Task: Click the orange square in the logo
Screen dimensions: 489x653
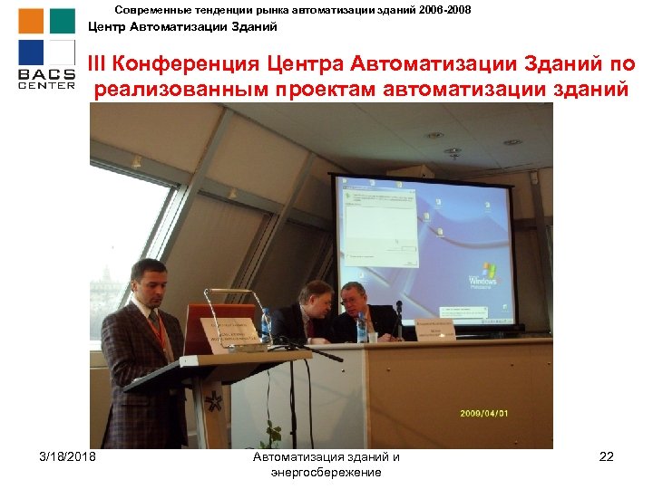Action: [31, 21]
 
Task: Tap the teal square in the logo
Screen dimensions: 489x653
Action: [62, 21]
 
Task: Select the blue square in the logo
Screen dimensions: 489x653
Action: [31, 53]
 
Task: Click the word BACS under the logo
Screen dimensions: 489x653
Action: [46, 73]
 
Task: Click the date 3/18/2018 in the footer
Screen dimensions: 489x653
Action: [67, 456]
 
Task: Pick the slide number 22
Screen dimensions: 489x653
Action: [606, 456]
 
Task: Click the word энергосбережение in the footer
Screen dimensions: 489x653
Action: [326, 473]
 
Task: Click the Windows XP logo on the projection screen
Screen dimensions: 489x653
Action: [488, 274]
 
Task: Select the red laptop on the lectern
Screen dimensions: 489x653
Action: [211, 327]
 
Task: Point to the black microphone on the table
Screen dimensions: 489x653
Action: [398, 317]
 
